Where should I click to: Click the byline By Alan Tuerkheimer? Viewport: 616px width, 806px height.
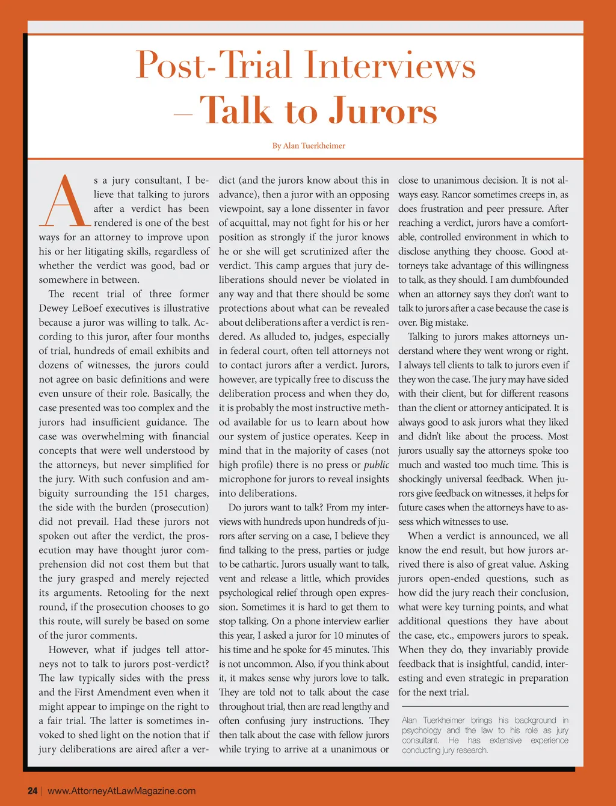click(x=309, y=146)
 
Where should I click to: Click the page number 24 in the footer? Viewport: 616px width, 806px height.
click(x=32, y=790)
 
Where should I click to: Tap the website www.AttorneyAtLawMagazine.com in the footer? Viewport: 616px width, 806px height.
click(x=122, y=790)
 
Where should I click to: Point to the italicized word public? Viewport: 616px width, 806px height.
click(x=376, y=465)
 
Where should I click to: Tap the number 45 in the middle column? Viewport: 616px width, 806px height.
click(x=345, y=649)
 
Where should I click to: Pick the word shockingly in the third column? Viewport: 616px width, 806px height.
click(x=423, y=479)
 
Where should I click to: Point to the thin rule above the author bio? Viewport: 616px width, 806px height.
click(x=485, y=706)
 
